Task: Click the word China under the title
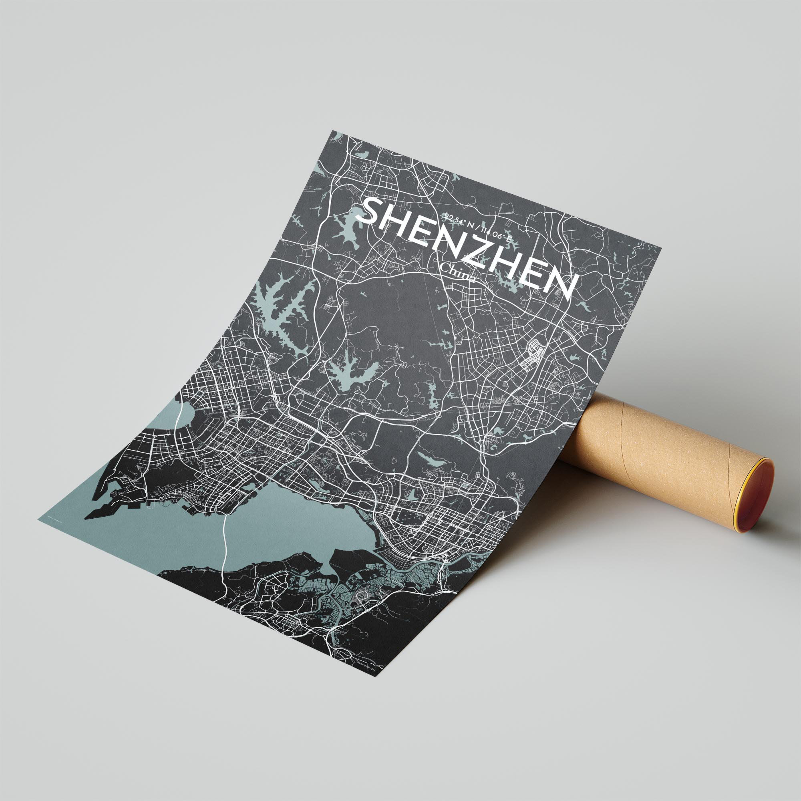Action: point(458,273)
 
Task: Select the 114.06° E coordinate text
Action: point(495,235)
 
